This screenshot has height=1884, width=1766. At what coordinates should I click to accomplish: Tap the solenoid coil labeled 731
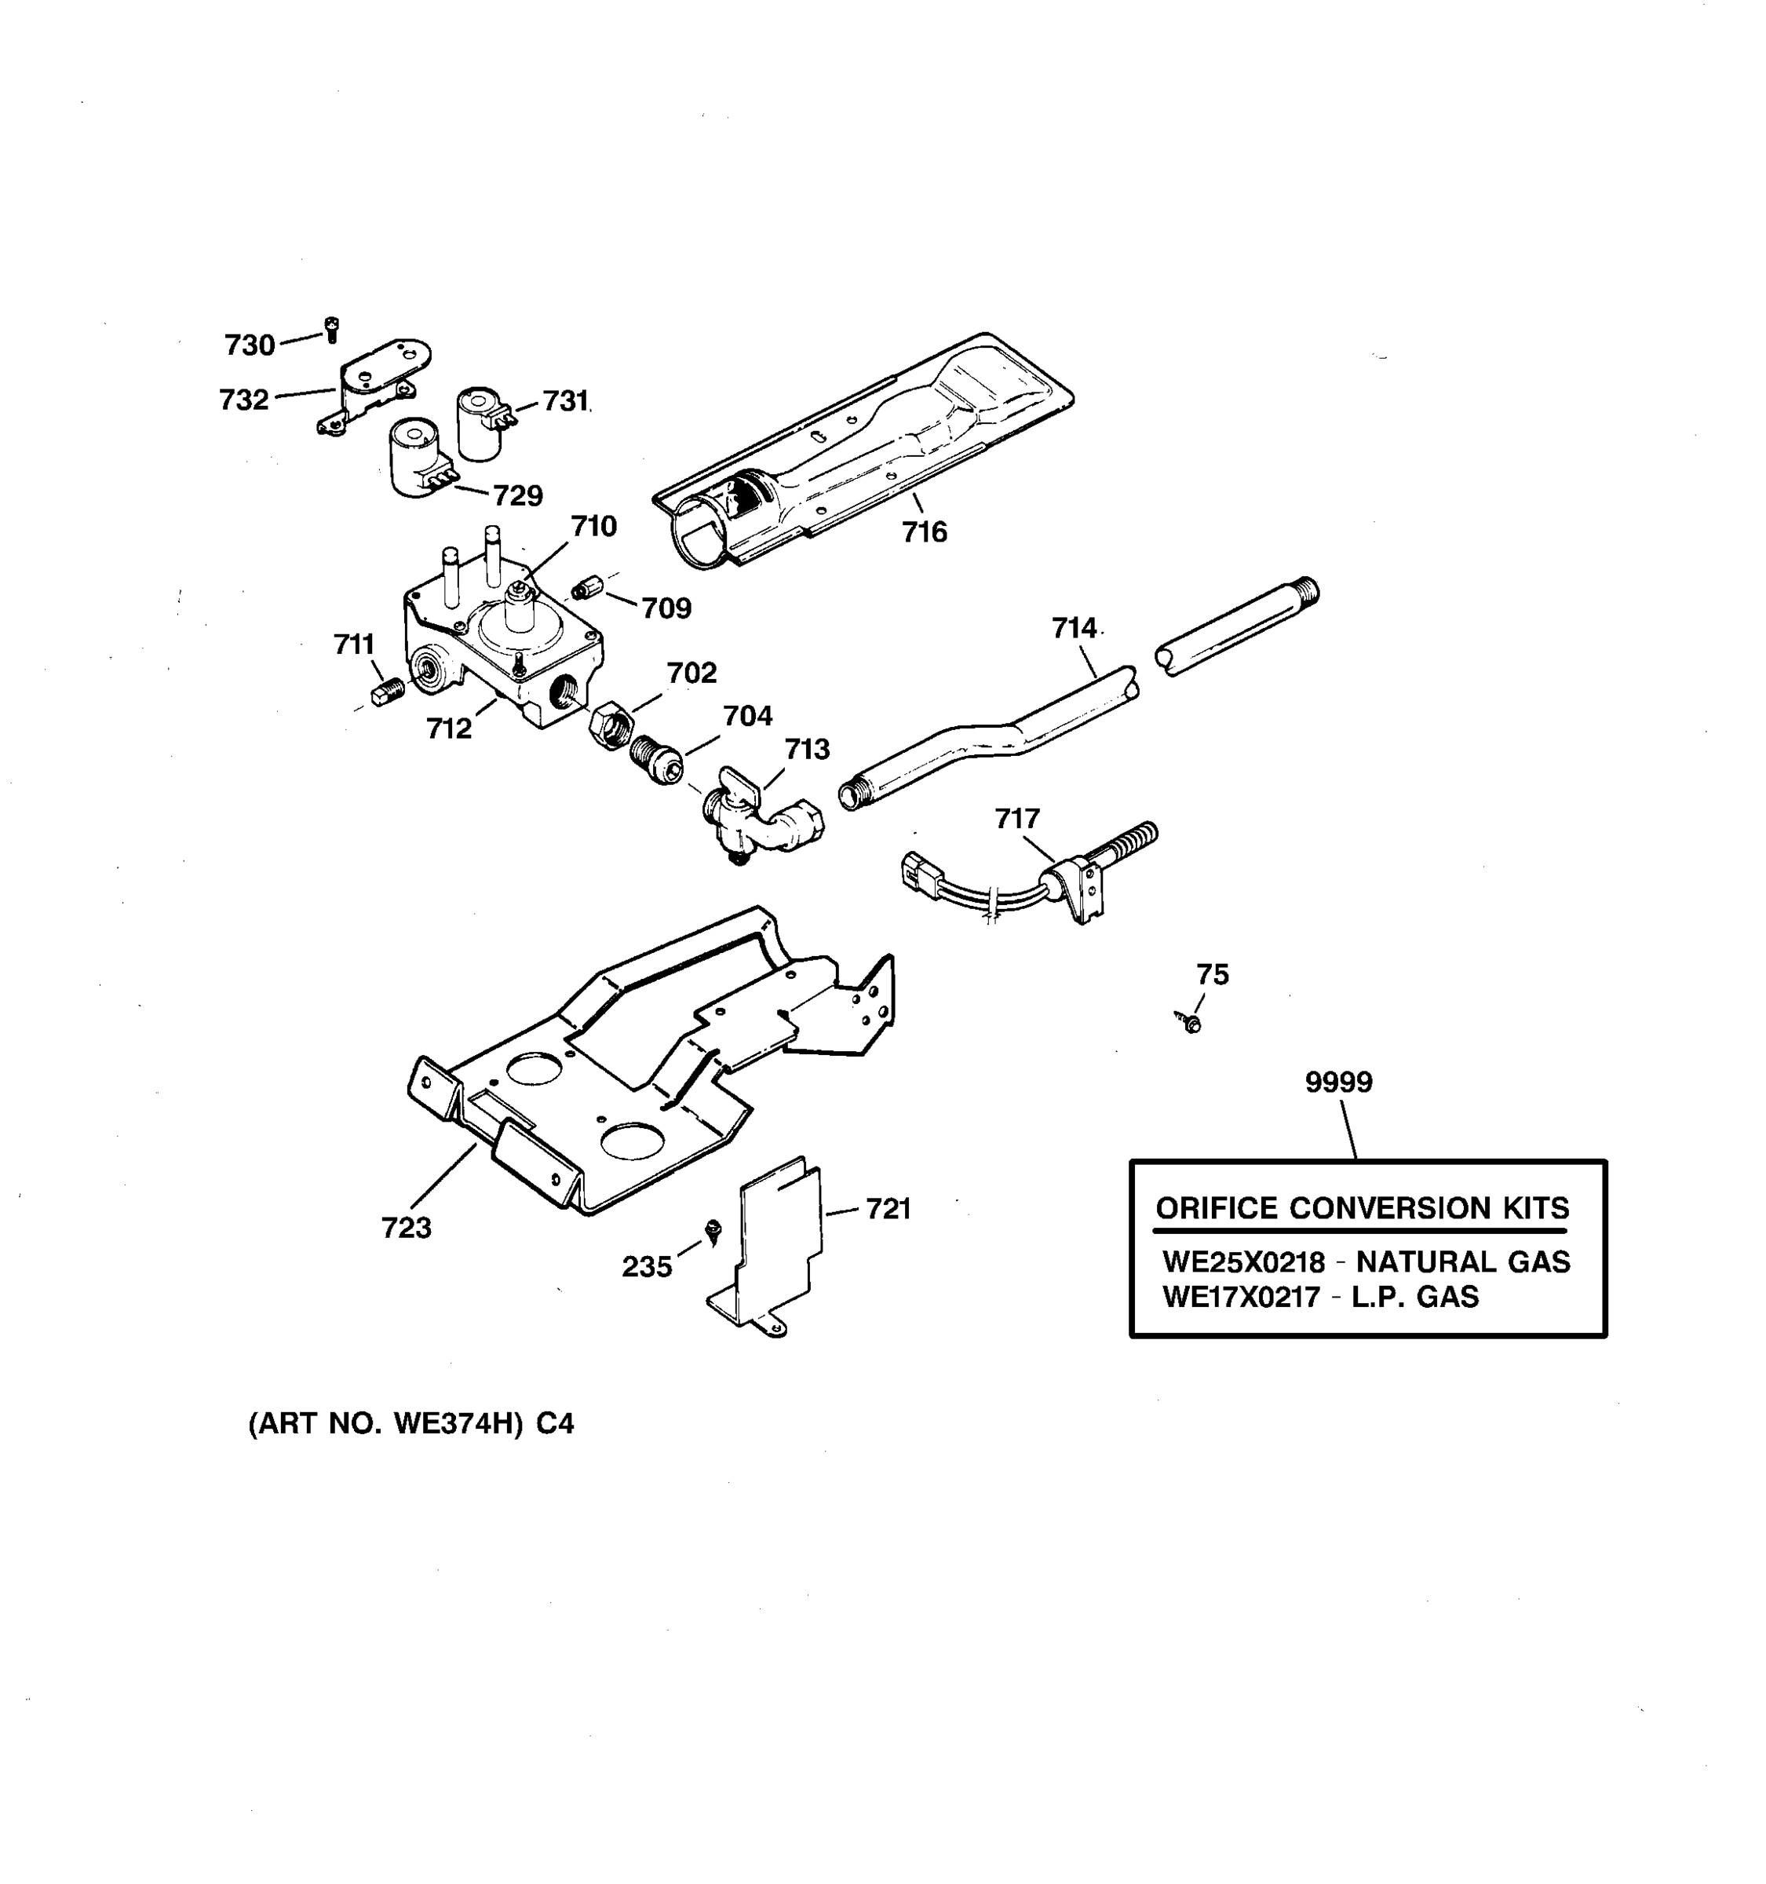[480, 424]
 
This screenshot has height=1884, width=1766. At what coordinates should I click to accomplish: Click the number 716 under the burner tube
[924, 532]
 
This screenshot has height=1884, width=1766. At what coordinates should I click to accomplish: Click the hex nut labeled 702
[608, 726]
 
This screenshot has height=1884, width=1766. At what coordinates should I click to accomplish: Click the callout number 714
[1074, 628]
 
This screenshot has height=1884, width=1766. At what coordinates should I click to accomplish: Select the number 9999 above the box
[1337, 1083]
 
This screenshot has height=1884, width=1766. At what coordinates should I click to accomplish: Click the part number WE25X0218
[1243, 1262]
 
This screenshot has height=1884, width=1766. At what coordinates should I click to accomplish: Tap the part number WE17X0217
[1241, 1298]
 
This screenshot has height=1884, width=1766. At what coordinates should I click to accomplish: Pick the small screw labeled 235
[714, 1230]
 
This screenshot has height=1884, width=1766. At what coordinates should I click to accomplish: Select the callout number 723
[407, 1229]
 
